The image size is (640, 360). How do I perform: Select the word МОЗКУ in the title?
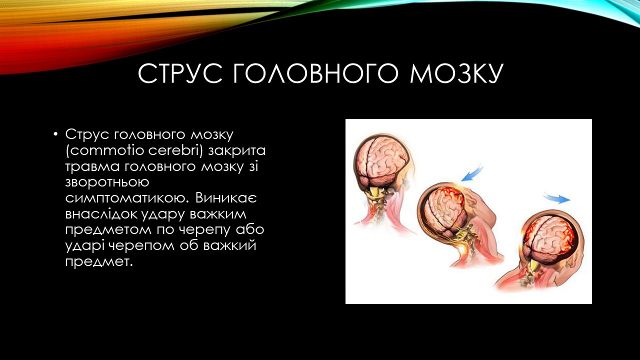pos(456,73)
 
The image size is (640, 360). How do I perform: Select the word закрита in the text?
pos(236,150)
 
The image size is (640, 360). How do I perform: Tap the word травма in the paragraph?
pos(92,166)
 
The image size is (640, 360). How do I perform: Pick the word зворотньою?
pos(107,182)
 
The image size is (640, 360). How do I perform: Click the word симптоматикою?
pos(127,198)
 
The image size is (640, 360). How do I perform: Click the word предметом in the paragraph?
pos(108,230)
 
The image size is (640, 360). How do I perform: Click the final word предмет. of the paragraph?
pos(99,262)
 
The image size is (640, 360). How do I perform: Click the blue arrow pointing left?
pos(471,173)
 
